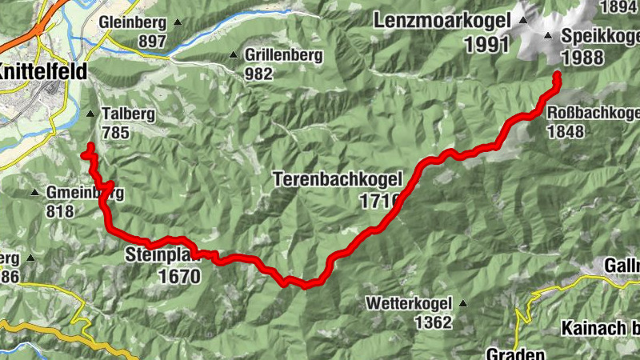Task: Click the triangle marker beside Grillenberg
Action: (234, 55)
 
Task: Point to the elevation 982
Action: (259, 74)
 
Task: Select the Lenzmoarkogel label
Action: (441, 20)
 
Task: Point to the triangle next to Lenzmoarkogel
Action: (523, 20)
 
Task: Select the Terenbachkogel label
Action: (335, 179)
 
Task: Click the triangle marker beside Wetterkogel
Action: (462, 303)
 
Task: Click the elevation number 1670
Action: (175, 276)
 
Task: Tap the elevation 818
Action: (59, 211)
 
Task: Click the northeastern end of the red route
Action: (556, 76)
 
